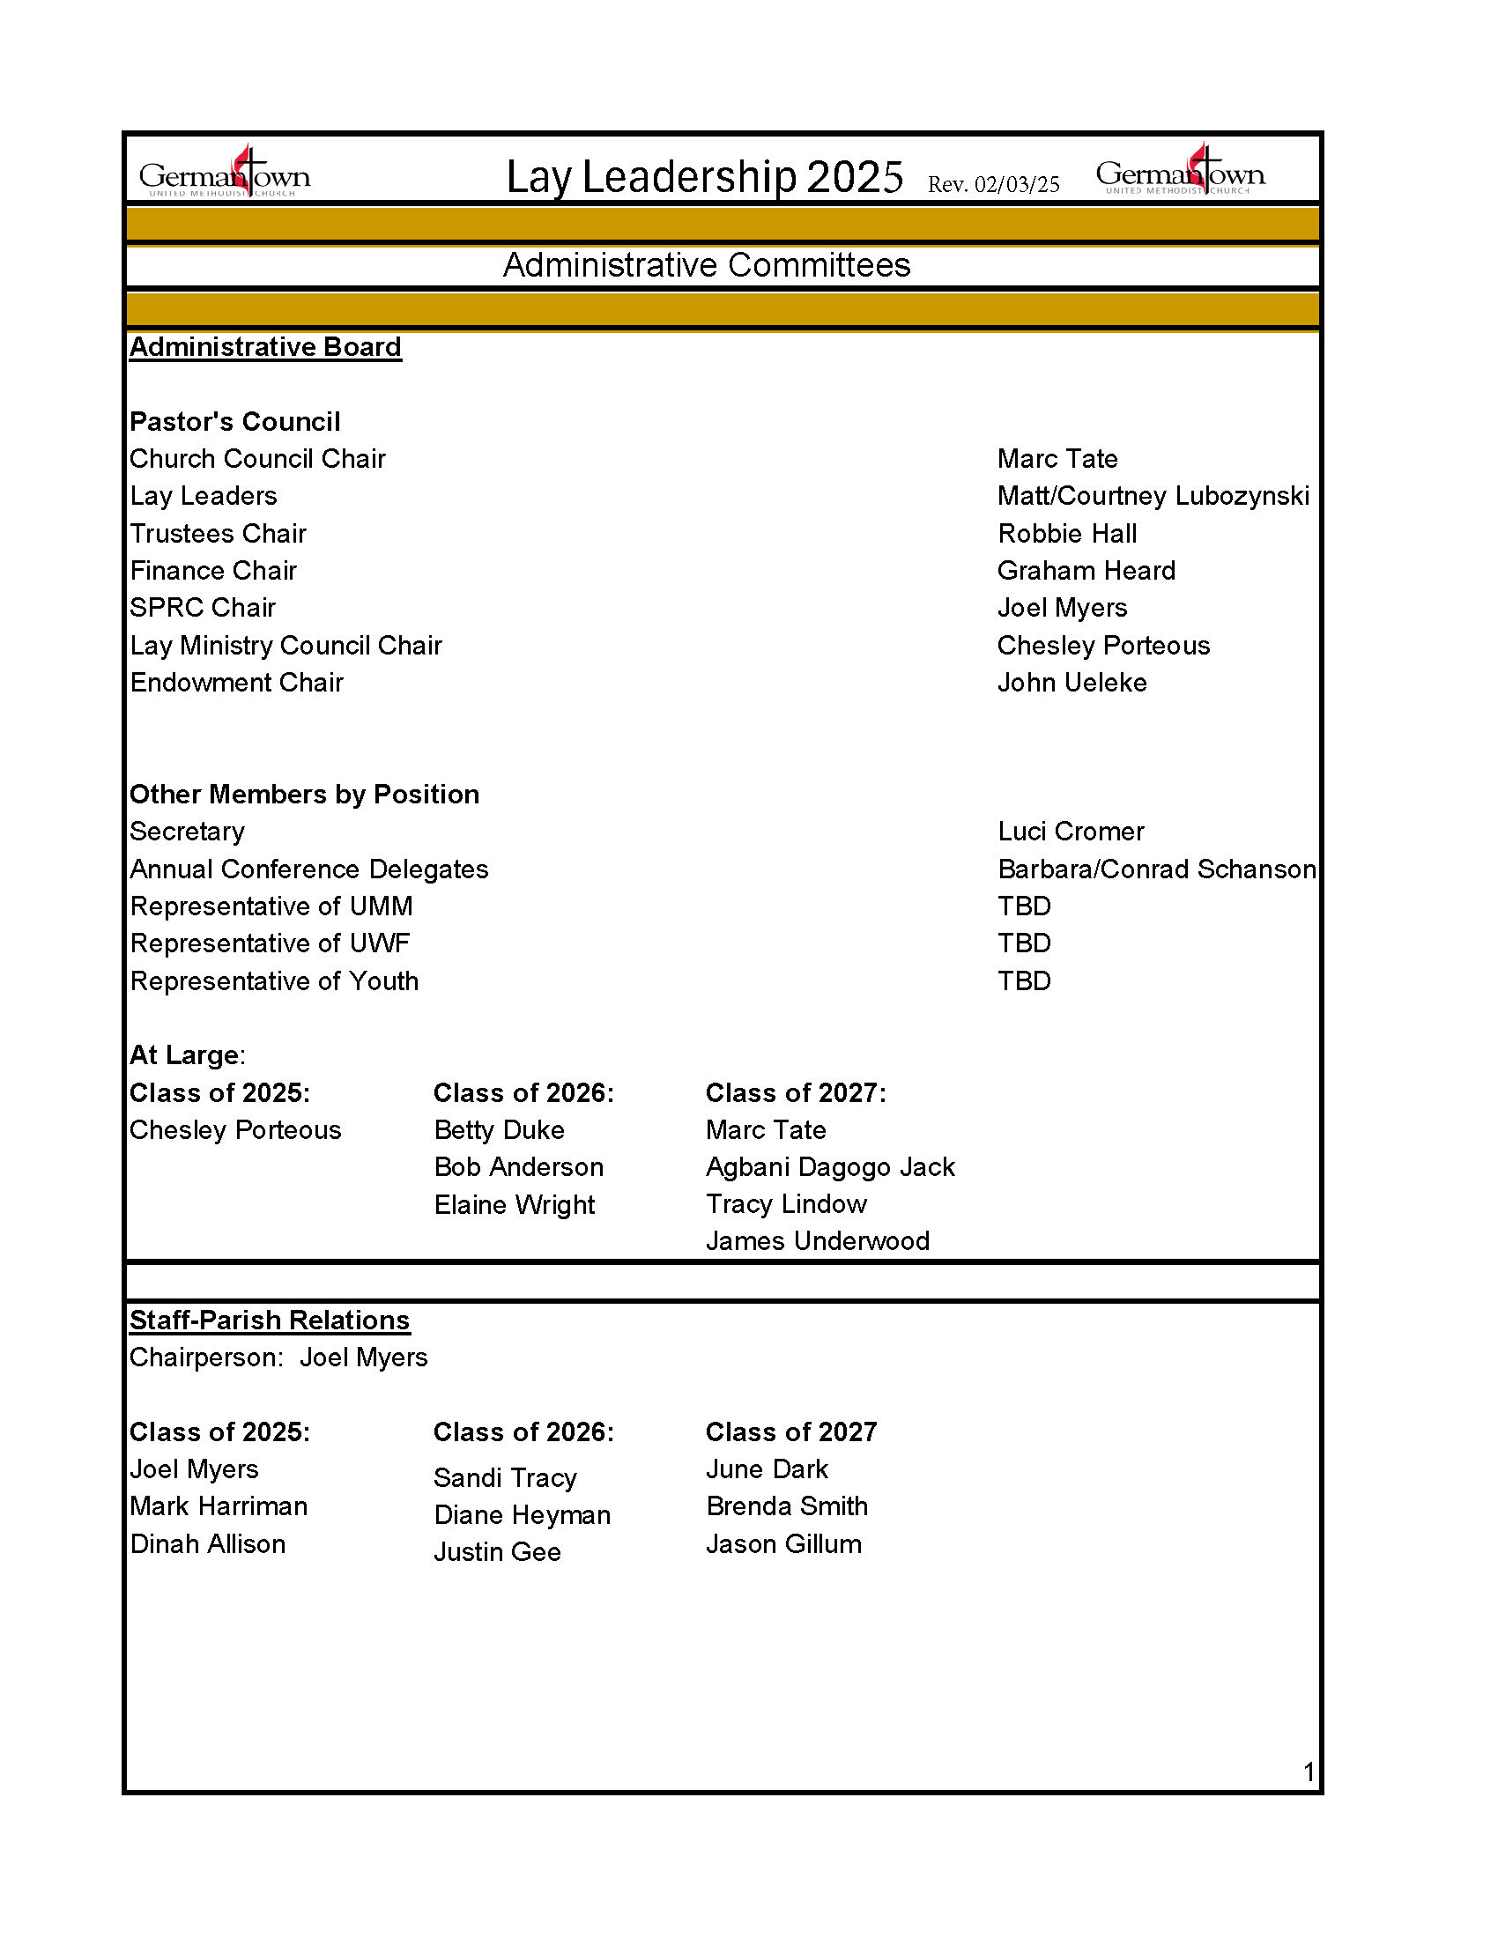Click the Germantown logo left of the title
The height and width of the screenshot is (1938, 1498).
pyautogui.click(x=225, y=173)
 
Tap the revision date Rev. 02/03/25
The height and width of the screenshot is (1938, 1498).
pyautogui.click(x=993, y=185)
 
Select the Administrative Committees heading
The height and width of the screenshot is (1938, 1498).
pyautogui.click(x=707, y=265)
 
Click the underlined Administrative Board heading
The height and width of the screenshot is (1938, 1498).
pyautogui.click(x=265, y=347)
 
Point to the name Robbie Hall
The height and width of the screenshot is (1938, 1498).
pyautogui.click(x=1067, y=533)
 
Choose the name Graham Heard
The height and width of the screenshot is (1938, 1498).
pyautogui.click(x=1086, y=571)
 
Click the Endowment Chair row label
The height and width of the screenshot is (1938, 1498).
pyautogui.click(x=236, y=683)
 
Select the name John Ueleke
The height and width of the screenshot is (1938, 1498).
pyautogui.click(x=1072, y=683)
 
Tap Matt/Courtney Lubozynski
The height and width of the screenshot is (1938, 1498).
pyautogui.click(x=1153, y=496)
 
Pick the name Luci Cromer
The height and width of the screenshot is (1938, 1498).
pyautogui.click(x=1071, y=832)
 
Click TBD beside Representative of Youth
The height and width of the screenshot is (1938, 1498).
pyautogui.click(x=1024, y=980)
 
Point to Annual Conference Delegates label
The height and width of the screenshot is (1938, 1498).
pyautogui.click(x=308, y=869)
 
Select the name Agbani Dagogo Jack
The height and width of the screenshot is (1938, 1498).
pyautogui.click(x=830, y=1167)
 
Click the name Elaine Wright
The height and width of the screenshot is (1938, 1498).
pyautogui.click(x=514, y=1205)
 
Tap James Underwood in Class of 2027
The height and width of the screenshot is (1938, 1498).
pyautogui.click(x=818, y=1241)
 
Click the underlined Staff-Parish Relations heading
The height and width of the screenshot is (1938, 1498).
pyautogui.click(x=270, y=1320)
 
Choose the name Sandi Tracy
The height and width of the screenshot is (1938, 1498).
pyautogui.click(x=505, y=1477)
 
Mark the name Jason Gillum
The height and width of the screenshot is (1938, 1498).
pyautogui.click(x=783, y=1544)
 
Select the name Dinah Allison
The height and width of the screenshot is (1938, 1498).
pyautogui.click(x=208, y=1544)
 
